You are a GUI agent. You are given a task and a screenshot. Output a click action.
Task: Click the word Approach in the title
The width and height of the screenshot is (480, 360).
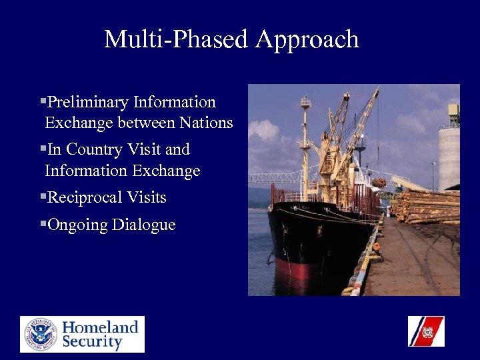coord(307,40)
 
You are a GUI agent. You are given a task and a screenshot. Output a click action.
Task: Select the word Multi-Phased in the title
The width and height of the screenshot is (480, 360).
coord(177,39)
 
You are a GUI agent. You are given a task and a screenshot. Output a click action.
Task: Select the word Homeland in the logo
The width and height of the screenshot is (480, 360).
coord(101,327)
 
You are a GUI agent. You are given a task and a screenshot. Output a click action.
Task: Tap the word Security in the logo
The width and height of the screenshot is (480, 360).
coord(93,343)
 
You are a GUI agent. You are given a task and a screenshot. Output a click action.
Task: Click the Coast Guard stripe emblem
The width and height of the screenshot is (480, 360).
coord(426,331)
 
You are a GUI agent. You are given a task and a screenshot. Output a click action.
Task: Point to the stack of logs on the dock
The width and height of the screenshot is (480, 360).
coord(427,207)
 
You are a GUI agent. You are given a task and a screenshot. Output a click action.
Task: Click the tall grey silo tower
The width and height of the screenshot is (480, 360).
coord(449,157)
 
